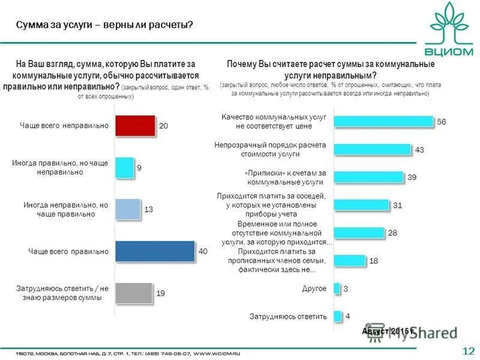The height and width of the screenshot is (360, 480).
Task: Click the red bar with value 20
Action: (x=135, y=125)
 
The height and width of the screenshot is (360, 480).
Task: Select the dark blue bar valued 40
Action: (x=155, y=251)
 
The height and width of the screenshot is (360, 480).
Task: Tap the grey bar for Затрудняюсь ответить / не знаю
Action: (x=134, y=293)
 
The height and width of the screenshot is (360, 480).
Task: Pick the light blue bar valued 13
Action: (x=127, y=209)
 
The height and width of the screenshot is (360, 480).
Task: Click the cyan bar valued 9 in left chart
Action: (x=124, y=167)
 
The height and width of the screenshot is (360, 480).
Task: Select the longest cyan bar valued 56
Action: (x=383, y=121)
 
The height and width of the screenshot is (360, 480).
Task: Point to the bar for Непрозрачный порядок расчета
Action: (x=372, y=149)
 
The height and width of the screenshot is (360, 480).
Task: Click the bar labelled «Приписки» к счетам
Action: (x=368, y=176)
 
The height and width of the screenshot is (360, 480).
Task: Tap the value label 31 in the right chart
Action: (x=397, y=205)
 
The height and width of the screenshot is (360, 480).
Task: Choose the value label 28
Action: (x=392, y=233)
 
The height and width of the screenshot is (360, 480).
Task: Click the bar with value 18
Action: (x=349, y=260)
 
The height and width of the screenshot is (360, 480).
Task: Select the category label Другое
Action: (x=315, y=289)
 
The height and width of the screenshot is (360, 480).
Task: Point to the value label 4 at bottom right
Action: (x=347, y=316)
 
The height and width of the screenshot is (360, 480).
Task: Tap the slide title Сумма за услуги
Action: (x=104, y=25)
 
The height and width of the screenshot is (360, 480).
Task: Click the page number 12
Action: (x=469, y=350)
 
